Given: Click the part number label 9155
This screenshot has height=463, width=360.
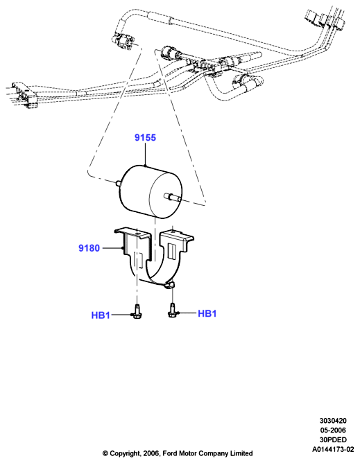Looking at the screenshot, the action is tap(145, 138).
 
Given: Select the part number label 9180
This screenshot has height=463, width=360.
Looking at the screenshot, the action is tap(89, 248).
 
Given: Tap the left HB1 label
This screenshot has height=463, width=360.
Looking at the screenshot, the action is tap(101, 315).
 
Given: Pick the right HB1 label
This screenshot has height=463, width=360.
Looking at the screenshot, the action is tap(207, 313).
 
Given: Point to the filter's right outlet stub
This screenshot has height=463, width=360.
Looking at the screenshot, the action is tap(172, 197).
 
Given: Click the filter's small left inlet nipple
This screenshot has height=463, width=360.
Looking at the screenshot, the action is tap(119, 184).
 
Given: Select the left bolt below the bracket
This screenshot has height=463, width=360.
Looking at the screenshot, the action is tap(136, 311).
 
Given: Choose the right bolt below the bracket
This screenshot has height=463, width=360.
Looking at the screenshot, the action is tap(171, 310).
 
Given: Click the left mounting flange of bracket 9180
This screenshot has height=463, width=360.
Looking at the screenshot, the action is tap(132, 233).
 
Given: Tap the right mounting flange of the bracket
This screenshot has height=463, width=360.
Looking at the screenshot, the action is tap(178, 235).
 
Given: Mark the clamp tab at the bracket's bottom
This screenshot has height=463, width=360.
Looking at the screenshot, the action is tap(170, 285).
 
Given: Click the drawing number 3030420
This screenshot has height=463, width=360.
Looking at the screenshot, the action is tap(333, 421).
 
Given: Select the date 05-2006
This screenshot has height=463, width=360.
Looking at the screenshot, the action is tap(333, 430).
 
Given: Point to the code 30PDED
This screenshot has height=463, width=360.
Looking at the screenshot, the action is tap(333, 440).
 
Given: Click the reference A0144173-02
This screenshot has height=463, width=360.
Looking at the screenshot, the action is tap(333, 450).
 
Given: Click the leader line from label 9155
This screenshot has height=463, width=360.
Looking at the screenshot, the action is tap(145, 154).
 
